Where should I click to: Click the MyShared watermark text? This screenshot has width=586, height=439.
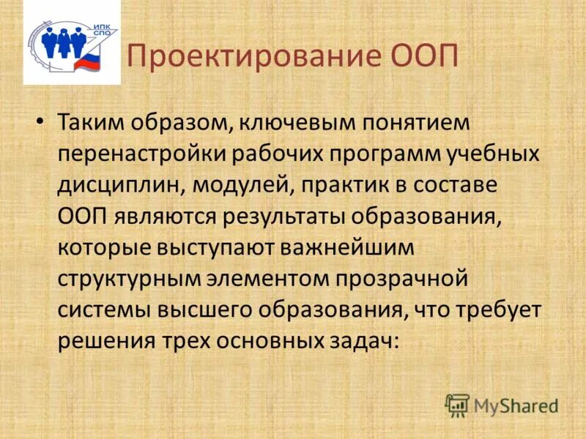click(x=516, y=405)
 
